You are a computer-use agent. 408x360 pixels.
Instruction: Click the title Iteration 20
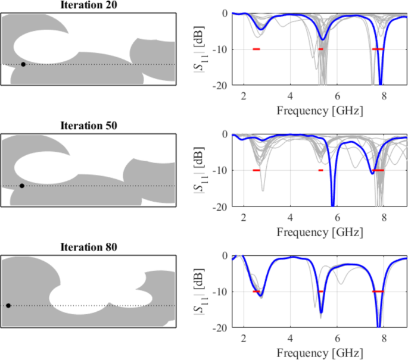tap(89, 5)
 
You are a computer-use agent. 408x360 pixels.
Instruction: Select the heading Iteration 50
tap(89, 126)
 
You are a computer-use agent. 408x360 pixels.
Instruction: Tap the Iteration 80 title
tap(89, 248)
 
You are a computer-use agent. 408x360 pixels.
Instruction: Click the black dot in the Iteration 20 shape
tap(23, 64)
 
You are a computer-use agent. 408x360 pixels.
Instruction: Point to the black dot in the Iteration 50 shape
tap(22, 186)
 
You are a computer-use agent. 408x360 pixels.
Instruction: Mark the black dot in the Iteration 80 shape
tap(8, 306)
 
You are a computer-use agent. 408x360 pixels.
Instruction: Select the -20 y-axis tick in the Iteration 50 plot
tap(219, 206)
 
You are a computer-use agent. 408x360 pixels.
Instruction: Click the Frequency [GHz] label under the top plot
tap(319, 110)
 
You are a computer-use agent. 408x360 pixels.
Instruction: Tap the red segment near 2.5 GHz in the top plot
tap(256, 49)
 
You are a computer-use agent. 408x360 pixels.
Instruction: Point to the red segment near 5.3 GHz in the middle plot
tap(320, 170)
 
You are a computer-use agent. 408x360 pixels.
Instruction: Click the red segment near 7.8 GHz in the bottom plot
tap(378, 292)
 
